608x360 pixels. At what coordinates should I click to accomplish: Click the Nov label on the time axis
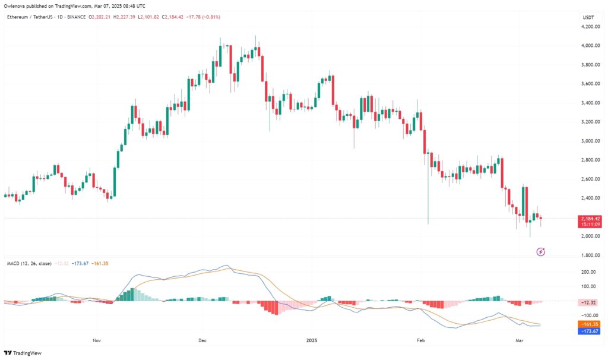pyautogui.click(x=97, y=342)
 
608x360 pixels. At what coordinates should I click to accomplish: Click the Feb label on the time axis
pyautogui.click(x=421, y=342)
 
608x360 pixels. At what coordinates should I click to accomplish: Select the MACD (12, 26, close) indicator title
pyautogui.click(x=29, y=262)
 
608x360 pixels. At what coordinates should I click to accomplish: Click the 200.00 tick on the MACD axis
pyautogui.click(x=590, y=272)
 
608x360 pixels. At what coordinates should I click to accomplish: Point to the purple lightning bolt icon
pyautogui.click(x=541, y=252)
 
